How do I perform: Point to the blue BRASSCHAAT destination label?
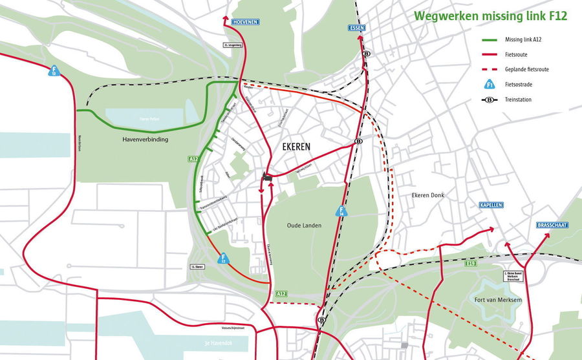(x=552, y=225)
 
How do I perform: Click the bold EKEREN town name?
(x=296, y=147)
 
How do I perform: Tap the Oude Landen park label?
(x=304, y=225)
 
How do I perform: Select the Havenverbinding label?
(x=145, y=139)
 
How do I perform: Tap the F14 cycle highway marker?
(x=341, y=211)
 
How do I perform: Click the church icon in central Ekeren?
(x=266, y=176)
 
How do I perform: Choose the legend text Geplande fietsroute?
(x=527, y=69)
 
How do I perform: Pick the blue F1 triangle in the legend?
(x=490, y=85)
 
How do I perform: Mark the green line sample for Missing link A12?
(x=491, y=39)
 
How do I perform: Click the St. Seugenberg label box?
(x=232, y=45)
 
